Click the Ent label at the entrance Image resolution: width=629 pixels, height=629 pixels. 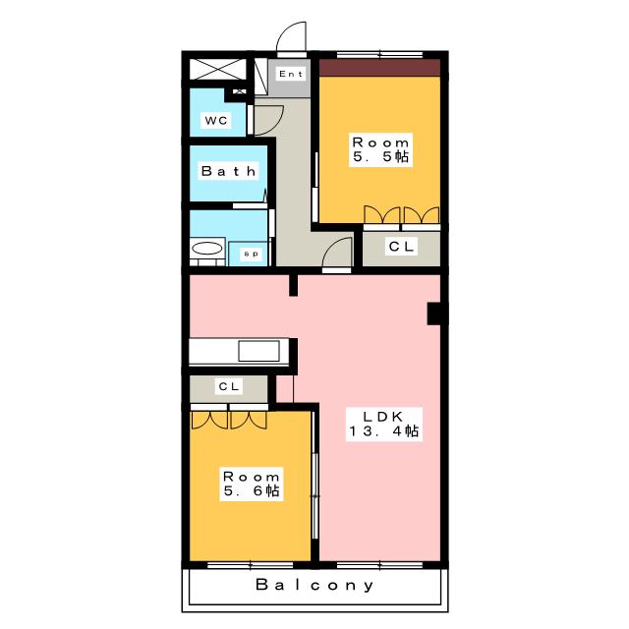[x=291, y=75]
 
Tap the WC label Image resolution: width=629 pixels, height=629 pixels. [x=215, y=121]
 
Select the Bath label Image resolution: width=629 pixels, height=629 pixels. [x=228, y=171]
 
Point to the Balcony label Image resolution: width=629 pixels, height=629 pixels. [x=315, y=585]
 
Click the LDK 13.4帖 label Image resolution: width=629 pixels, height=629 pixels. [x=384, y=423]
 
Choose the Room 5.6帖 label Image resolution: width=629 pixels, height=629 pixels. [x=252, y=483]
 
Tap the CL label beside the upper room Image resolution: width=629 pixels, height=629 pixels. [x=401, y=247]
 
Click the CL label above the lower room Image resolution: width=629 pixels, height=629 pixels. [x=229, y=387]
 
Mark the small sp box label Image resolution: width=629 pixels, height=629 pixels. [x=250, y=254]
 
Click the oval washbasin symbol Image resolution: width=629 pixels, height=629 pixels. [x=206, y=249]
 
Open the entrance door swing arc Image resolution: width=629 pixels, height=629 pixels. [x=291, y=37]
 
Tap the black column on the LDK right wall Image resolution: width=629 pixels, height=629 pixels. [x=434, y=314]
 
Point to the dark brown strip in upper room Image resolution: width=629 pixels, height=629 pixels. [x=379, y=68]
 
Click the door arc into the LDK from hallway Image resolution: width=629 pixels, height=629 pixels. [x=338, y=253]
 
